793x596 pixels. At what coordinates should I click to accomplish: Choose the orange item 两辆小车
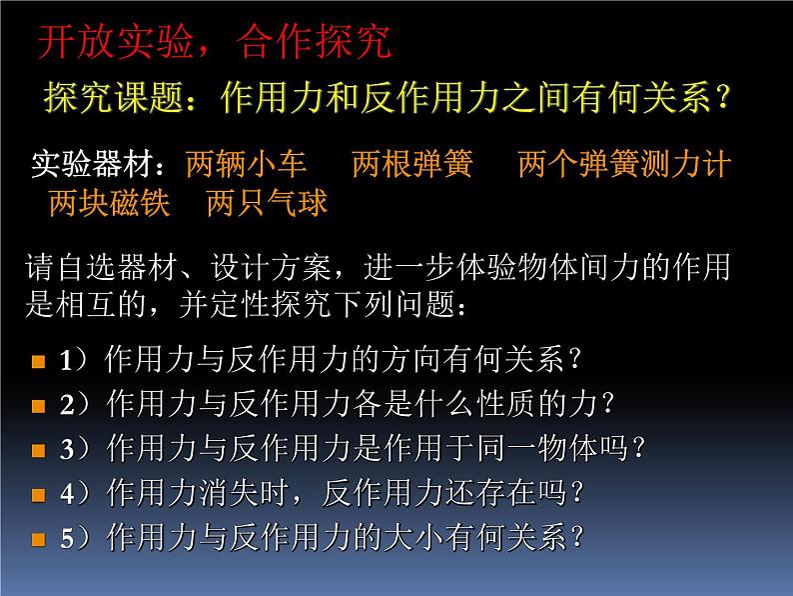pos(247,164)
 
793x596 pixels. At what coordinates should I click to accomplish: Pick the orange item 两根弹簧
pos(412,164)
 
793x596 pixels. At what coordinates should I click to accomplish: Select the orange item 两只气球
pos(267,203)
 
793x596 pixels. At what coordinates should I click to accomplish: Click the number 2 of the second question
pos(67,405)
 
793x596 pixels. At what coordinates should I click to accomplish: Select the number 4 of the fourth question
pos(67,494)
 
